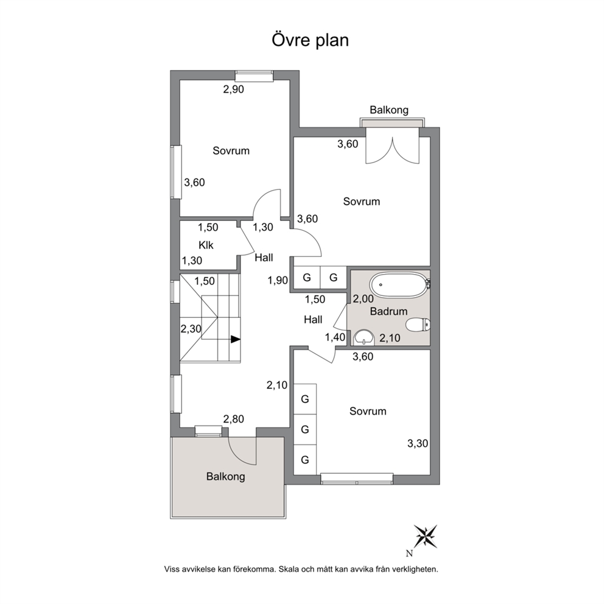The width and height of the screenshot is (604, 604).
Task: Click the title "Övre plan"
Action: (x=310, y=40)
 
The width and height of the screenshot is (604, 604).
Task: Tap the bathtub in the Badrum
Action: (x=399, y=285)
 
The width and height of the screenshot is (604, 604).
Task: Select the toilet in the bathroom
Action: (x=418, y=325)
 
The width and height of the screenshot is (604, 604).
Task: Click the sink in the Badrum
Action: (x=364, y=337)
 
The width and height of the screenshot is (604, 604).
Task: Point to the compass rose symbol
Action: (x=425, y=536)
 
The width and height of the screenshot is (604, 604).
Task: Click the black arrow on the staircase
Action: (x=236, y=339)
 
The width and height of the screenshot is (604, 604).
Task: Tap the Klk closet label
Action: (x=206, y=245)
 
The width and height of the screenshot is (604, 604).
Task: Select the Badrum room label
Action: (x=388, y=311)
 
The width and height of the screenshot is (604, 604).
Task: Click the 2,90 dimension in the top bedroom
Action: (x=233, y=90)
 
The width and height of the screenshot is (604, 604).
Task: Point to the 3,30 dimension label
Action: (x=418, y=444)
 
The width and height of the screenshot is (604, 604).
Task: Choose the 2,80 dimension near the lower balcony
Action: (x=233, y=419)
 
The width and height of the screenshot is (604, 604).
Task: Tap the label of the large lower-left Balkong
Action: (x=226, y=477)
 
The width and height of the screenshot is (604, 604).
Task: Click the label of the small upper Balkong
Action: (x=389, y=110)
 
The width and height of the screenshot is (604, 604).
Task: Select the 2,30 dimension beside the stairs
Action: (x=191, y=329)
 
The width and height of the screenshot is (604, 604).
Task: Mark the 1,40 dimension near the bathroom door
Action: (x=335, y=338)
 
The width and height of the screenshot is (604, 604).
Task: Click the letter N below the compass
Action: (x=410, y=554)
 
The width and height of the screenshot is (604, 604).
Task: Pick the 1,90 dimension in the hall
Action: (x=278, y=281)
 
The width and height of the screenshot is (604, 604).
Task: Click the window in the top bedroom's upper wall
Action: (x=255, y=76)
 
